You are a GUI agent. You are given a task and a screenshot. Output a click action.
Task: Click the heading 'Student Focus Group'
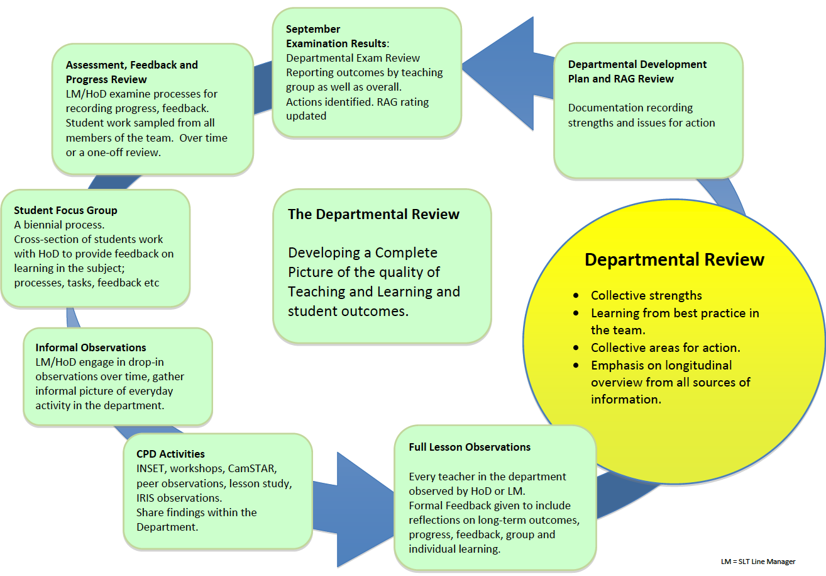click(65, 210)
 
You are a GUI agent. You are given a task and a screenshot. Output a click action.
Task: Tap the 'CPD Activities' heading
click(170, 454)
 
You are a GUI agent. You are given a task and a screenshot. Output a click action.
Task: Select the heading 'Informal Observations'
click(91, 347)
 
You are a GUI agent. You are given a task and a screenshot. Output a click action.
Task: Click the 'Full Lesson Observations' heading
click(470, 447)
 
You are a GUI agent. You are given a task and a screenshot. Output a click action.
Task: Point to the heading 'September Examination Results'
click(336, 37)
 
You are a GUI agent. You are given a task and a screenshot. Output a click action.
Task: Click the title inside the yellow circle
click(675, 259)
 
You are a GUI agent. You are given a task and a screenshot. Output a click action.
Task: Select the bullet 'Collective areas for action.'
click(665, 347)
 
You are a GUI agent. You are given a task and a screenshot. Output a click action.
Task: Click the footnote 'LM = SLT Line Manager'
click(763, 561)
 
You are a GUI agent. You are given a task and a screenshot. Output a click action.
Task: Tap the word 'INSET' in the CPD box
click(151, 469)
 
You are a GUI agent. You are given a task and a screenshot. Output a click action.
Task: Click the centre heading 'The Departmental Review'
click(373, 214)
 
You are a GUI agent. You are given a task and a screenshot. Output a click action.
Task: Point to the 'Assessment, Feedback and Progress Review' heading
click(131, 72)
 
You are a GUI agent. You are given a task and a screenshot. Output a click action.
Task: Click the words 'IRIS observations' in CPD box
click(169, 498)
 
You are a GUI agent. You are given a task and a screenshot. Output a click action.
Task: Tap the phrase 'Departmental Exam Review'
click(353, 58)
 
